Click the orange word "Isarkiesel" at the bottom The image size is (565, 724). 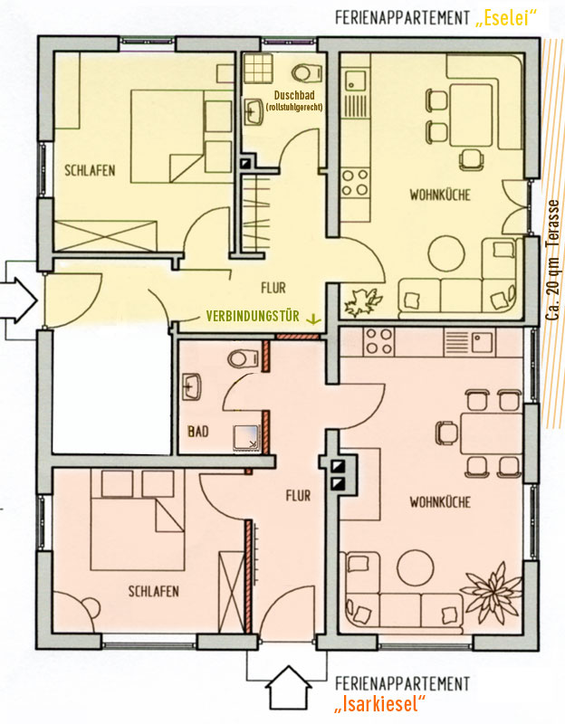[380, 704]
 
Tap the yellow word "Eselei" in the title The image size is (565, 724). [506, 18]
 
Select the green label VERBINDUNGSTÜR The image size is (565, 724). [253, 316]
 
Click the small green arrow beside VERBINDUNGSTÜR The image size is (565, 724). [314, 318]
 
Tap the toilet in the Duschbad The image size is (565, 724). [307, 71]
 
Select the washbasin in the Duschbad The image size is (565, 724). [254, 111]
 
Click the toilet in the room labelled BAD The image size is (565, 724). [243, 357]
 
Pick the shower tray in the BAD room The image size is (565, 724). [247, 439]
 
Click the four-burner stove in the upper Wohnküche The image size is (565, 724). [355, 183]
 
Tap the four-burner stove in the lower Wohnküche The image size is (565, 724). [378, 342]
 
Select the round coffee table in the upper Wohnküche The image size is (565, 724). [446, 254]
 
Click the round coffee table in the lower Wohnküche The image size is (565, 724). [416, 568]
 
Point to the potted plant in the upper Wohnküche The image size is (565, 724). [363, 302]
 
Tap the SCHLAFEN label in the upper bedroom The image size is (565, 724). [90, 170]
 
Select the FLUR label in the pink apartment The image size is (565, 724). [298, 496]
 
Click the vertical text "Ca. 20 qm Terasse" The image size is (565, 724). [552, 260]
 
